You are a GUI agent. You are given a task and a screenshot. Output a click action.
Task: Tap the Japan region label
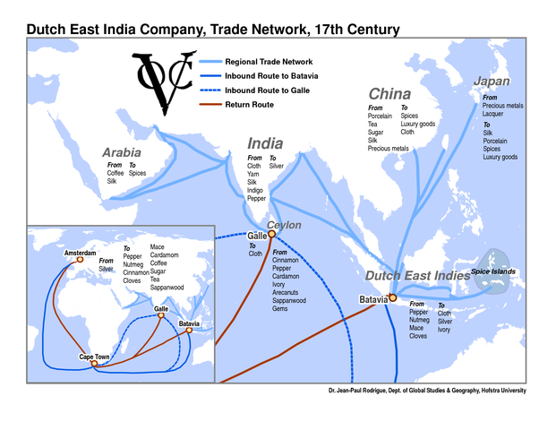pos(492,82)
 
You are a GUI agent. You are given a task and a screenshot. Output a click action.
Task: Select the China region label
pos(389,94)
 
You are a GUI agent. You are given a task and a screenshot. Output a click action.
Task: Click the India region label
pos(265,143)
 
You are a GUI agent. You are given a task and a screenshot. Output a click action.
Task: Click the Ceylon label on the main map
pos(284,225)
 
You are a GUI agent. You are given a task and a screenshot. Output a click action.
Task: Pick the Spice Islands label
pos(495,271)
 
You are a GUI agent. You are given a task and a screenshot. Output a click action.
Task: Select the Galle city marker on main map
pos(271,234)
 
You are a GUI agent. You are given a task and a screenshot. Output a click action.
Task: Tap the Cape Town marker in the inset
pos(94,363)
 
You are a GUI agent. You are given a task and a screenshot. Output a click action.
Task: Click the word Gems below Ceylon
pos(280,309)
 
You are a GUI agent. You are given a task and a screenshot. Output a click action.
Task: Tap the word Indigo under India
pos(257,191)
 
